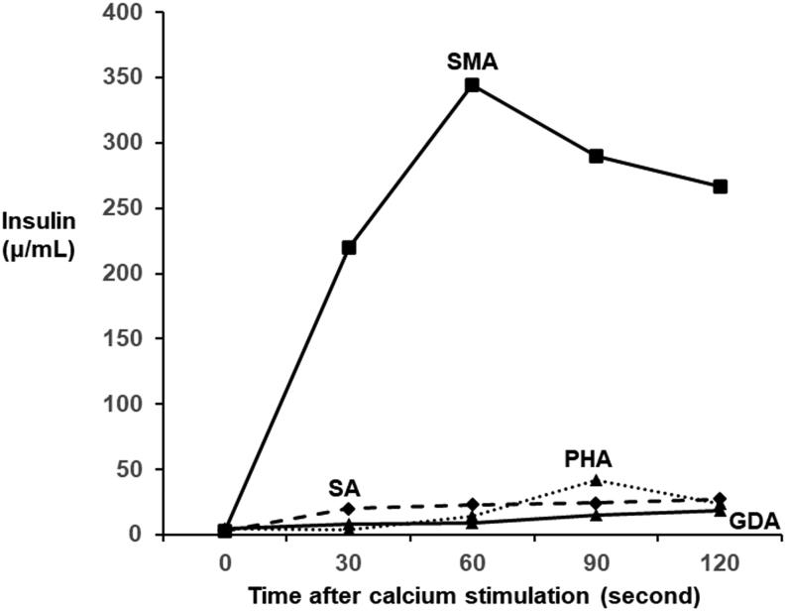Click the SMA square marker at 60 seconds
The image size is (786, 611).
coord(473,85)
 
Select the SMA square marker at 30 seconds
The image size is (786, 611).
coord(349,247)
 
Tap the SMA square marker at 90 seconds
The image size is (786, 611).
coord(597,156)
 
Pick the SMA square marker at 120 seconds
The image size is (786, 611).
coord(721,186)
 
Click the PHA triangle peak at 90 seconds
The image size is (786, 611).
coord(597,481)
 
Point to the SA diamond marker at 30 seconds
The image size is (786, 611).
coord(349,509)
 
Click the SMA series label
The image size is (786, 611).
coord(472,62)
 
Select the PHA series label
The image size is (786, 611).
coord(589,459)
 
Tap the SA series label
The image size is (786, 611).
coord(344,488)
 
